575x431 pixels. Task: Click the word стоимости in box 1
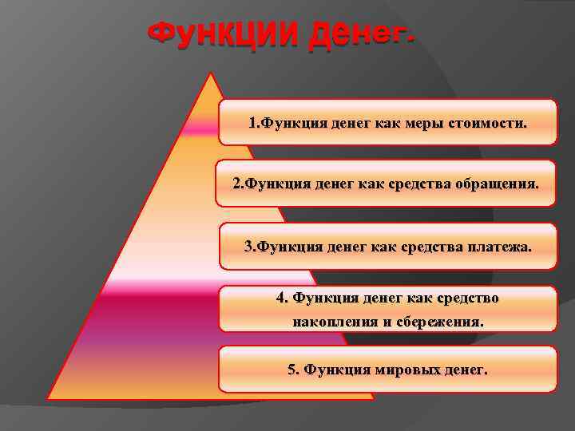[x=488, y=124]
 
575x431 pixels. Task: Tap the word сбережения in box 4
[x=442, y=322]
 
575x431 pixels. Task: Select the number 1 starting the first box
[x=252, y=124]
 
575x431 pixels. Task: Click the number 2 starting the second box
[x=236, y=184]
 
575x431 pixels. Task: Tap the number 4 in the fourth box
[x=280, y=298]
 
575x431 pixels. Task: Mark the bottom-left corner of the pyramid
[x=48, y=397]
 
